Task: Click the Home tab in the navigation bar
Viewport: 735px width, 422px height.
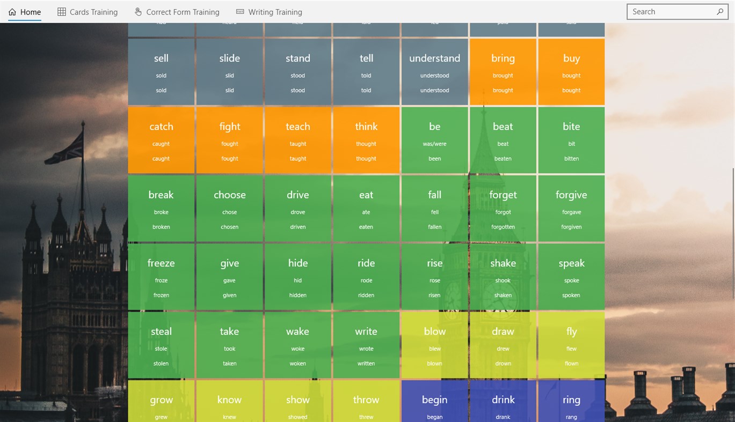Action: (25, 12)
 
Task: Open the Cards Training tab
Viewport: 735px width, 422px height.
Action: (88, 12)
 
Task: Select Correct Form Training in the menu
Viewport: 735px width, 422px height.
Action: (177, 12)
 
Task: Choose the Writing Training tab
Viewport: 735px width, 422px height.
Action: (269, 12)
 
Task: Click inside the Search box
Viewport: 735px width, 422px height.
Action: (671, 12)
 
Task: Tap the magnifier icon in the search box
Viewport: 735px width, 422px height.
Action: (720, 12)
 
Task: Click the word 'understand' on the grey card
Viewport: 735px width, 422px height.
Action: (434, 58)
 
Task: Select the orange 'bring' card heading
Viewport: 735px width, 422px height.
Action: (503, 58)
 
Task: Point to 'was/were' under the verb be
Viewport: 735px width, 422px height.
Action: (435, 144)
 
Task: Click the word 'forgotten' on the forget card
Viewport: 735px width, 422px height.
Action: (503, 227)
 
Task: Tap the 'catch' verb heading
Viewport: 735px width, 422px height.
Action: (161, 127)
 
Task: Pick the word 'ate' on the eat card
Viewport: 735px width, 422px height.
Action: (366, 212)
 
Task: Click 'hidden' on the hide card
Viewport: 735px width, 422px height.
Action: (298, 295)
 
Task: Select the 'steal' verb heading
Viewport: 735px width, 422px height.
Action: (161, 331)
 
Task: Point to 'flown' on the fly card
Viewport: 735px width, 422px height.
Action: (571, 364)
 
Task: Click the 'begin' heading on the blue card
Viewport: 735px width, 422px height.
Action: (435, 399)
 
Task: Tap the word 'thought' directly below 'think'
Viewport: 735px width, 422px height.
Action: (366, 144)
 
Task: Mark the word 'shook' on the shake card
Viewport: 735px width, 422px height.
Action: (503, 280)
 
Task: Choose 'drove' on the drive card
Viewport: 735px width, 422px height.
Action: (298, 212)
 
